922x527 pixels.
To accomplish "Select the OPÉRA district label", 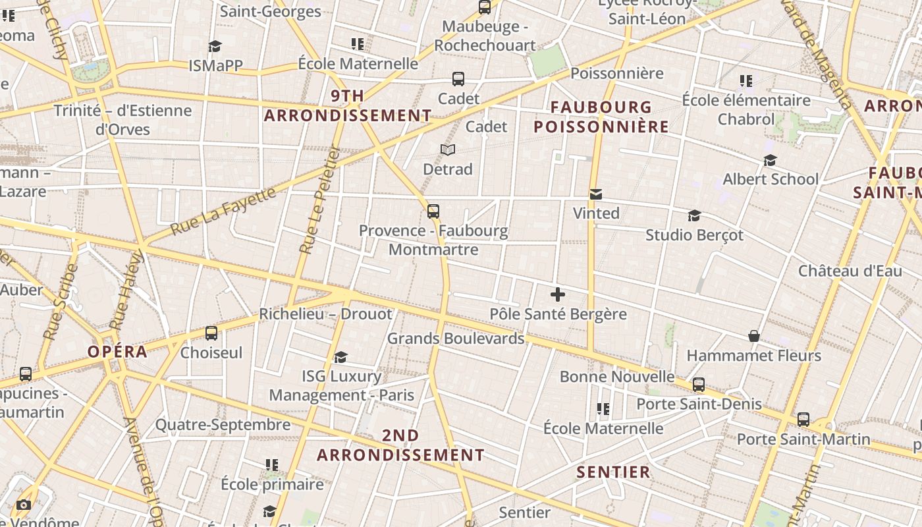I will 118,352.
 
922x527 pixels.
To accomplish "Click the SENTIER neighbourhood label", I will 613,472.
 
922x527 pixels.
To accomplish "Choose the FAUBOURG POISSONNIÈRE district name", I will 601,117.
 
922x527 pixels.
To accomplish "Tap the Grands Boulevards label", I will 456,339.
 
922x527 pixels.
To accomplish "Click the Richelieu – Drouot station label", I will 325,314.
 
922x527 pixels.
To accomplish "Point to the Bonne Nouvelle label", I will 617,377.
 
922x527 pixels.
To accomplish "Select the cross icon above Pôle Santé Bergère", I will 557,294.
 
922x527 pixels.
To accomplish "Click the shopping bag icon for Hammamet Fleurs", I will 754,337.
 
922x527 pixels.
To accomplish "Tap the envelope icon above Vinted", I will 596,194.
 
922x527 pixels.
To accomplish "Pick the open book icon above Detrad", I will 448,150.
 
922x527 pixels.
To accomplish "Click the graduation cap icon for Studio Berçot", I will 694,216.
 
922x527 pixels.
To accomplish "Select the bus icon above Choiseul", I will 211,333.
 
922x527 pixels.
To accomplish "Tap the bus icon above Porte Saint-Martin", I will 803,420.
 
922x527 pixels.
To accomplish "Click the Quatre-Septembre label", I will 223,425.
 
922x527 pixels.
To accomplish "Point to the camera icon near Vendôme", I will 24,505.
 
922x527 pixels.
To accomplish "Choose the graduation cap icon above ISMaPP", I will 215,46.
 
